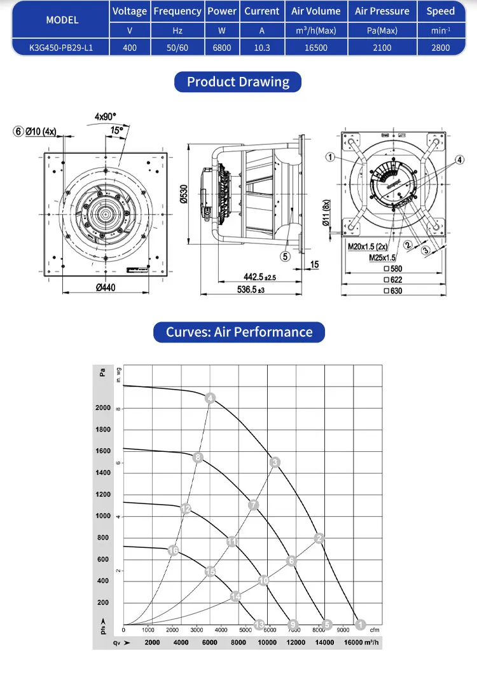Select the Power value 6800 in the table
pyautogui.click(x=221, y=48)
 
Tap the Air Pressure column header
pyautogui.click(x=382, y=11)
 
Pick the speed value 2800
pyautogui.click(x=440, y=48)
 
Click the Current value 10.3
pyautogui.click(x=261, y=48)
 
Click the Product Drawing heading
pyautogui.click(x=238, y=82)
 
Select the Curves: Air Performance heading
pyautogui.click(x=239, y=332)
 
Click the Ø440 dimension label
pyautogui.click(x=109, y=288)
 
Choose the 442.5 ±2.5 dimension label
pyautogui.click(x=259, y=278)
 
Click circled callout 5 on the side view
pyautogui.click(x=286, y=256)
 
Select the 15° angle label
pyautogui.click(x=117, y=130)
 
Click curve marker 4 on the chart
pyautogui.click(x=210, y=399)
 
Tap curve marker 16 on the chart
pyautogui.click(x=173, y=550)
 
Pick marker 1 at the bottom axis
pyautogui.click(x=360, y=624)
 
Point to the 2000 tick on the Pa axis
pyautogui.click(x=103, y=407)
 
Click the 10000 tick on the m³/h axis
pyautogui.click(x=268, y=643)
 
